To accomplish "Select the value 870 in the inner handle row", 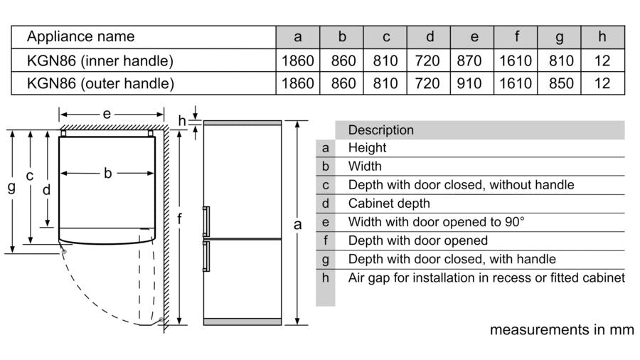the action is tap(469, 60).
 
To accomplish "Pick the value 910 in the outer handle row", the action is tap(469, 84).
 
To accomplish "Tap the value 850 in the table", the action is tap(561, 84).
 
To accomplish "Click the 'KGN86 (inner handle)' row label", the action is tap(100, 60).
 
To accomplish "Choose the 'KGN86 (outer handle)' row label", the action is tap(100, 84).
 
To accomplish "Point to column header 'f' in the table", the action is tap(516, 37).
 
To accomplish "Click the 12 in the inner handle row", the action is tap(602, 60).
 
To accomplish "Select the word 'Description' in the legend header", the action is tap(381, 130).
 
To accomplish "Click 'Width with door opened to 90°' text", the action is tap(437, 222).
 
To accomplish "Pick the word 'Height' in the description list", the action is tap(367, 148).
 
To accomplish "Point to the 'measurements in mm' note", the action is tap(562, 330).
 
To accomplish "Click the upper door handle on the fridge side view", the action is tap(206, 221).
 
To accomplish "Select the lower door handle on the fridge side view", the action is tap(206, 256).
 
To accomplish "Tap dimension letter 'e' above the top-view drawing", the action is tap(107, 114).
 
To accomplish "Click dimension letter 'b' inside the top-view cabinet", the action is tap(107, 173).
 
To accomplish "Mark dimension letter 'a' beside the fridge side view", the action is tap(297, 225).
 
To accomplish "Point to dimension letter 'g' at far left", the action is tap(12, 187).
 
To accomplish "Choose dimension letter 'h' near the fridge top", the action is tap(182, 121).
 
